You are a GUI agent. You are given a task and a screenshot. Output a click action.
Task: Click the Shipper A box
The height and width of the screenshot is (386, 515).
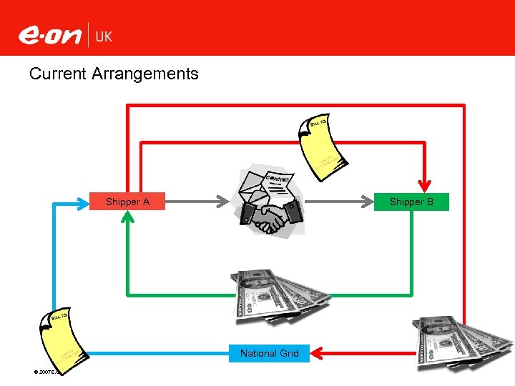point(127,202)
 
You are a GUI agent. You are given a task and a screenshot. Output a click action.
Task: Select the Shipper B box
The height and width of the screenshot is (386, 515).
point(411,202)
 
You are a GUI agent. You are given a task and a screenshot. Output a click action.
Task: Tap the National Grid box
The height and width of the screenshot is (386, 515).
point(270,353)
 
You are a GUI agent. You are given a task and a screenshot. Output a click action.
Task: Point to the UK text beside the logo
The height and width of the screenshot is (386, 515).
point(104,36)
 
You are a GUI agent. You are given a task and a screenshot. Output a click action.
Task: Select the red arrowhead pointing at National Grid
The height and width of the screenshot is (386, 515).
point(318,352)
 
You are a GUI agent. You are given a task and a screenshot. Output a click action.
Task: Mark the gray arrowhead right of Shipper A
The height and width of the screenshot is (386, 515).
point(220,202)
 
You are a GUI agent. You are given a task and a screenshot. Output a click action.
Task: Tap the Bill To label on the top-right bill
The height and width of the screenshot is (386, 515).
point(318,124)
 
